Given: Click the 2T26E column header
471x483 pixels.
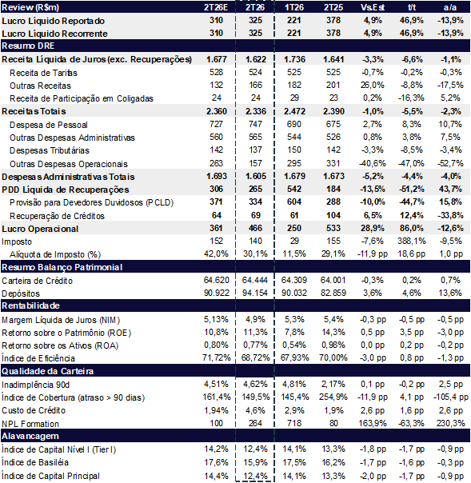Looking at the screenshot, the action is click(x=216, y=7).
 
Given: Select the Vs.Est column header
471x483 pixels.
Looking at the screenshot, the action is click(x=373, y=7).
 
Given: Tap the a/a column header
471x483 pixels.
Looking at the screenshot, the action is click(x=450, y=7).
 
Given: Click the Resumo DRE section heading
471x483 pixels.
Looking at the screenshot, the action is click(x=28, y=46).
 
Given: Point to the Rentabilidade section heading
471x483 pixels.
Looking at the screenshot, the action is click(x=30, y=305).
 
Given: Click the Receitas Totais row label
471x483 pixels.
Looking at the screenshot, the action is click(x=34, y=111).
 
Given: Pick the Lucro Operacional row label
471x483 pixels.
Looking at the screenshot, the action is click(x=40, y=229).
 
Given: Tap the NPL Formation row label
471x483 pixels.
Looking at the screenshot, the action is click(x=30, y=424).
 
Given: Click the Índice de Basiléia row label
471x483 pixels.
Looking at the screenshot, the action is click(x=35, y=462).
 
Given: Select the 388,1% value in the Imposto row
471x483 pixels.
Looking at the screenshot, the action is click(x=412, y=241).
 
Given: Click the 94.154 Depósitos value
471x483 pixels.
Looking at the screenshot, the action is click(x=255, y=293).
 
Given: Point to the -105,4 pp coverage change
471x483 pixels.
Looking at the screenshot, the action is click(x=451, y=397).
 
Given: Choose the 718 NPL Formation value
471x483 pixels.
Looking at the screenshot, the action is click(x=294, y=423).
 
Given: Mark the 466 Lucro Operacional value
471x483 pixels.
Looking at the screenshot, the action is click(x=255, y=228).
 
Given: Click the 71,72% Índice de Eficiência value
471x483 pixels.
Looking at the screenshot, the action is click(x=216, y=357).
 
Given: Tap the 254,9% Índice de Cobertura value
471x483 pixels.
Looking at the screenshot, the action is click(x=333, y=397).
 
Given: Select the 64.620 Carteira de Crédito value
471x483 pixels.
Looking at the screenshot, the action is click(x=216, y=280).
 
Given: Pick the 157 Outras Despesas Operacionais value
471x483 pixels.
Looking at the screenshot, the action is click(x=255, y=163).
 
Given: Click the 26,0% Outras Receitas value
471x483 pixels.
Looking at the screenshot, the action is click(x=373, y=85).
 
